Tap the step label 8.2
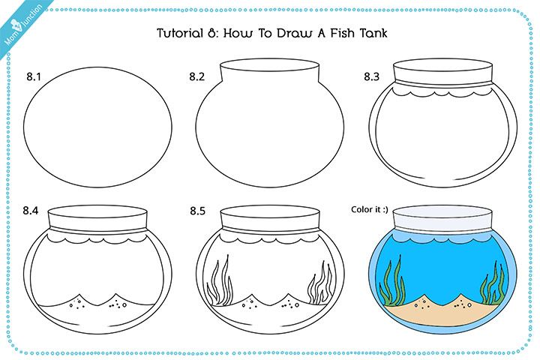click(197, 76)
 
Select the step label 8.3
click(372, 76)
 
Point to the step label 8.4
click(30, 211)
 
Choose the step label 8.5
click(197, 211)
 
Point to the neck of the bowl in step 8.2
click(270, 75)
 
